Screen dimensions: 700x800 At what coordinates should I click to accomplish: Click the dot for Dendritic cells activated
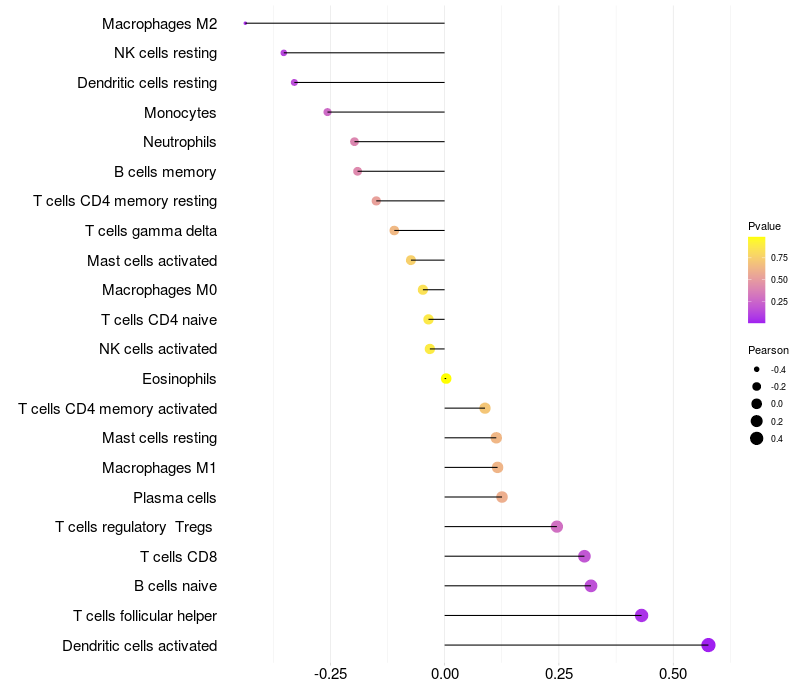pyautogui.click(x=708, y=645)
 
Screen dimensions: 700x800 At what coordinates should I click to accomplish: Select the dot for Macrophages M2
pyautogui.click(x=245, y=23)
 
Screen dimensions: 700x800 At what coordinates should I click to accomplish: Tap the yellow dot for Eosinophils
pyautogui.click(x=446, y=378)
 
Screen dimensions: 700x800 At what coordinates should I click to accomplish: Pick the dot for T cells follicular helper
pyautogui.click(x=641, y=615)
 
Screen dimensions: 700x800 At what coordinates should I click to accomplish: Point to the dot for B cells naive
pyautogui.click(x=591, y=586)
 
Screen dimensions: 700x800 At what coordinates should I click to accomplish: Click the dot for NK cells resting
pyautogui.click(x=284, y=52)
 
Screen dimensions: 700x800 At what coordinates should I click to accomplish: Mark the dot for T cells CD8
pyautogui.click(x=584, y=556)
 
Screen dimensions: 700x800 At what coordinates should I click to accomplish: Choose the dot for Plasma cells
pyautogui.click(x=502, y=497)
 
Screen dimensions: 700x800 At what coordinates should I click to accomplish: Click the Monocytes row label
pyautogui.click(x=180, y=113)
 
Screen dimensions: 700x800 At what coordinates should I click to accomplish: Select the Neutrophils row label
pyautogui.click(x=180, y=142)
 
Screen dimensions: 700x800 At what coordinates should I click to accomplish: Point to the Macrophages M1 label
pyautogui.click(x=159, y=468)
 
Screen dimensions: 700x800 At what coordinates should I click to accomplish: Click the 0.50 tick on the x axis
pyautogui.click(x=673, y=674)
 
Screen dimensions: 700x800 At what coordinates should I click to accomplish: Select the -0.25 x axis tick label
pyautogui.click(x=330, y=674)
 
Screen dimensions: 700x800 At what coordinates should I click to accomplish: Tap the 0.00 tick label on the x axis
pyautogui.click(x=445, y=674)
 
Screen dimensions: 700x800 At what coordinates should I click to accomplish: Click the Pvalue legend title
pyautogui.click(x=764, y=226)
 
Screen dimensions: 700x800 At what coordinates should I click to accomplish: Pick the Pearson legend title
pyautogui.click(x=768, y=350)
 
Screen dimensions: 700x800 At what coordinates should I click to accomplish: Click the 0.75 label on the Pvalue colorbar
pyautogui.click(x=779, y=257)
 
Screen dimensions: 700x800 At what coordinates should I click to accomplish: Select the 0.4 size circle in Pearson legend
pyautogui.click(x=757, y=438)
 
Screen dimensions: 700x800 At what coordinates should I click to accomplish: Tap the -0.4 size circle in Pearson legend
pyautogui.click(x=757, y=370)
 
